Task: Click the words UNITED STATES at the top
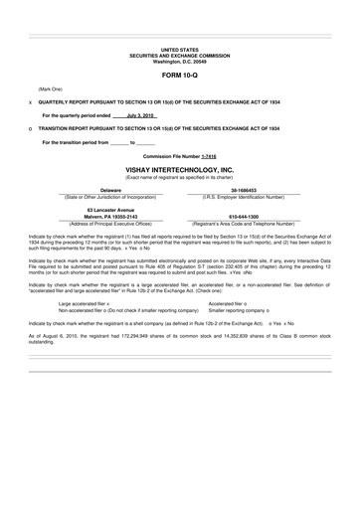click(x=180, y=49)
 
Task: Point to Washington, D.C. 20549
click(x=180, y=61)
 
